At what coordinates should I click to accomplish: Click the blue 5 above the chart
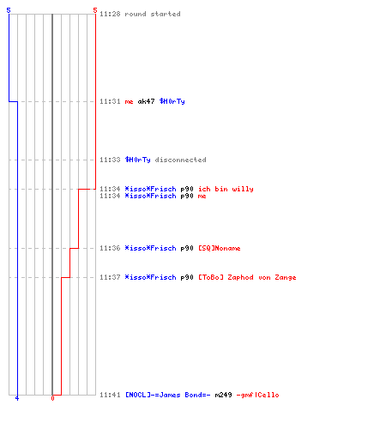click(9, 10)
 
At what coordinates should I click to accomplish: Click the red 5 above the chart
click(95, 10)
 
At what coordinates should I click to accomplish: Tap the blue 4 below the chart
click(17, 398)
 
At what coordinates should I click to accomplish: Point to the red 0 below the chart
click(52, 398)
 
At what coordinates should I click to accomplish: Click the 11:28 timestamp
click(110, 14)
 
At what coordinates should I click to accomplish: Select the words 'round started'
click(153, 14)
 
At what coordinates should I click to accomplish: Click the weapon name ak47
click(146, 101)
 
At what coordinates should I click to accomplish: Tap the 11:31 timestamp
click(110, 101)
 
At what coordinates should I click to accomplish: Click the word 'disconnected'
click(180, 160)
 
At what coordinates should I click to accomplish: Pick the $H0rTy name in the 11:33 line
click(137, 160)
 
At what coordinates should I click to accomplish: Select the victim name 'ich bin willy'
click(226, 189)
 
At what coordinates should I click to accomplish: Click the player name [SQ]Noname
click(220, 248)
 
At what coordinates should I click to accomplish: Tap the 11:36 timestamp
click(110, 248)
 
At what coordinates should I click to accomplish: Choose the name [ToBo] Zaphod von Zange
click(247, 277)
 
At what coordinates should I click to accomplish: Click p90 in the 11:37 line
click(187, 278)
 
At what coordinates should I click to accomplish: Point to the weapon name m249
click(223, 395)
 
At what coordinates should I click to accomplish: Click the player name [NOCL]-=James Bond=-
click(168, 395)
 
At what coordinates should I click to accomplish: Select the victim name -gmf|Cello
click(257, 395)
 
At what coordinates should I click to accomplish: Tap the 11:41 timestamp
click(110, 395)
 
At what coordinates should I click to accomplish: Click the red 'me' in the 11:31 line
click(129, 102)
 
